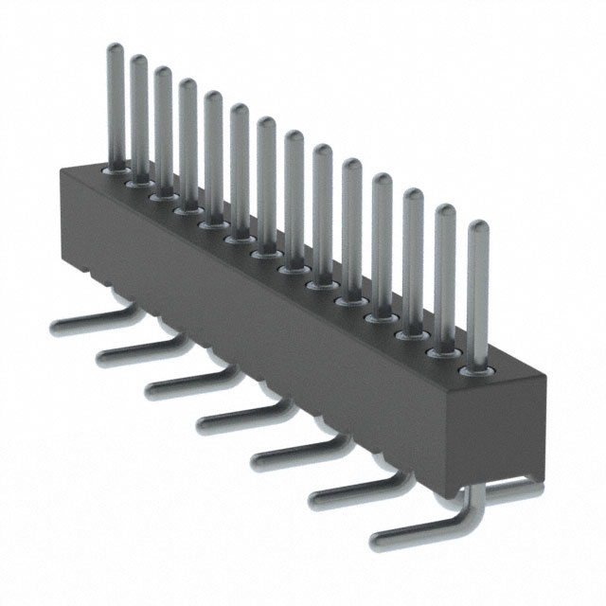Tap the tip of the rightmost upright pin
coord(478,228)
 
